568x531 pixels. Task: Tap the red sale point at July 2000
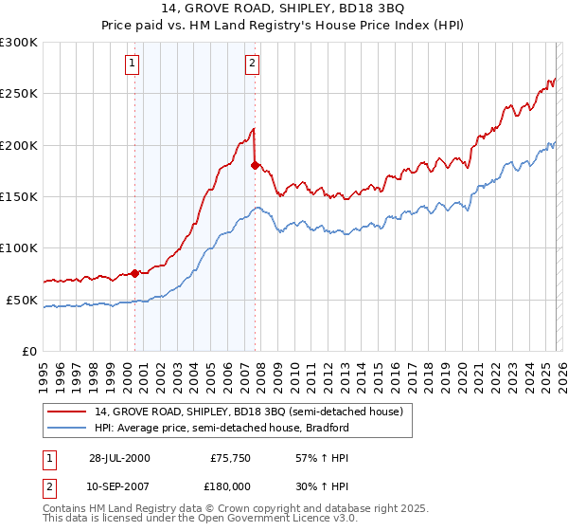135,273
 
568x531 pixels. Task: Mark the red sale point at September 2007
255,165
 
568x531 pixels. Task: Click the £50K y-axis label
22,300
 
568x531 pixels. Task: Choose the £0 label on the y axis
29,351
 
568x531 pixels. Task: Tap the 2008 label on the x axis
260,369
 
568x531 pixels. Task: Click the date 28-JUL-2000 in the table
118,457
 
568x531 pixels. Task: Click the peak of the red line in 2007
254,128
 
